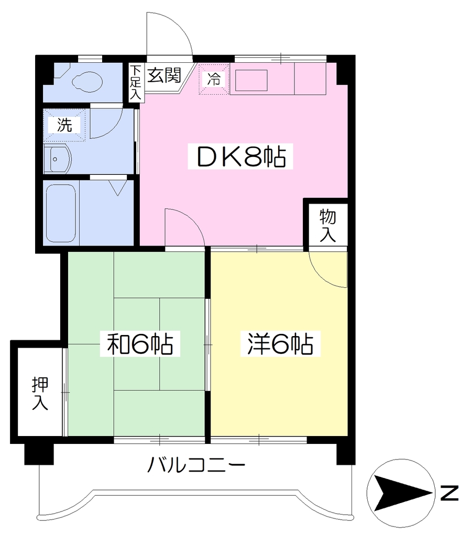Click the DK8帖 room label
(240, 156)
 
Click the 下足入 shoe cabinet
(136, 82)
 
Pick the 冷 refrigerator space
(214, 79)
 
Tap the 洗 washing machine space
(64, 125)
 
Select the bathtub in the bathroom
(61, 213)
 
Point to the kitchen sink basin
(251, 80)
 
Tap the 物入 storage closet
(327, 225)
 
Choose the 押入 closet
(40, 393)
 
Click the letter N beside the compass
(449, 493)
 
